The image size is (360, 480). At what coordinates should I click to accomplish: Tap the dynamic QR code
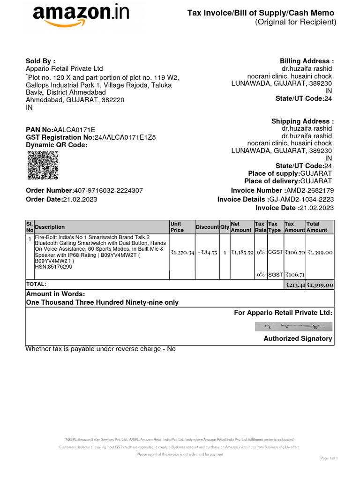click(43, 165)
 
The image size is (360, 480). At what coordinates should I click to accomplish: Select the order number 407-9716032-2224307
click(108, 190)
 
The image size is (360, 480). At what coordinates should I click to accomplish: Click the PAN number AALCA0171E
click(74, 129)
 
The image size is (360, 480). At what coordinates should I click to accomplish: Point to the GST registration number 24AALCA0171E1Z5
click(125, 137)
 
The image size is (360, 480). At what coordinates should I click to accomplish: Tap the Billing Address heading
click(307, 61)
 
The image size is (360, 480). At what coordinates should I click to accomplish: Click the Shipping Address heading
click(302, 121)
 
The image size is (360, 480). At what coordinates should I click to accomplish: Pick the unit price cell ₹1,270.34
click(182, 252)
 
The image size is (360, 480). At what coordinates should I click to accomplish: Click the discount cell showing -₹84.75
click(207, 252)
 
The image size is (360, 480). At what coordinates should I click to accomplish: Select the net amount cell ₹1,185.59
click(242, 252)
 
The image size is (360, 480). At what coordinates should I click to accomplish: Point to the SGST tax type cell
click(275, 275)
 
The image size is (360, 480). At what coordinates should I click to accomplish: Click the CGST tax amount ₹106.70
click(295, 252)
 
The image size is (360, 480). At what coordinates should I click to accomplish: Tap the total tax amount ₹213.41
click(295, 285)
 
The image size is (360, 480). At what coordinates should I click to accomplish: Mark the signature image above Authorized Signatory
click(294, 326)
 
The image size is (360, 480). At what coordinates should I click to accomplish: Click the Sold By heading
click(40, 61)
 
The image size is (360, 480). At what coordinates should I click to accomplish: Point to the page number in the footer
click(328, 458)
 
